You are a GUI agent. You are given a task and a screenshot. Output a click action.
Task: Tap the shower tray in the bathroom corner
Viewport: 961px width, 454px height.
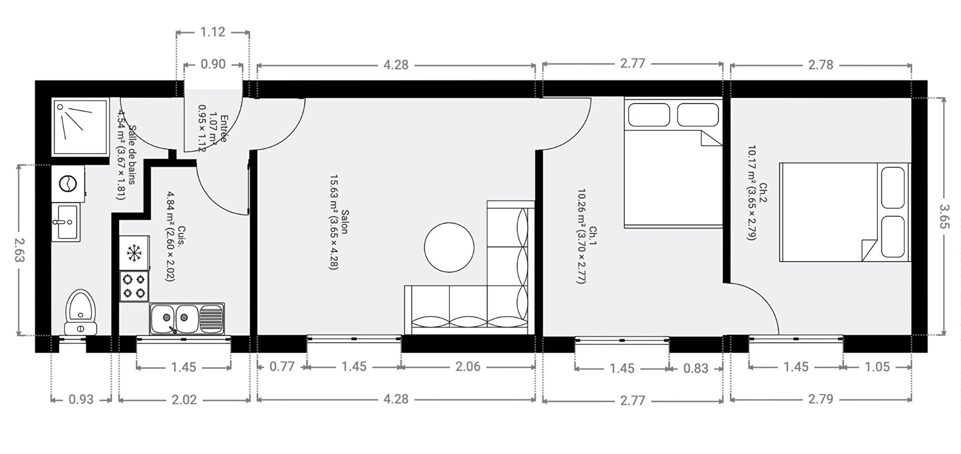81,127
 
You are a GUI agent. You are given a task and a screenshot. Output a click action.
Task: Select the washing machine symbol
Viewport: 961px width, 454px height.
68,184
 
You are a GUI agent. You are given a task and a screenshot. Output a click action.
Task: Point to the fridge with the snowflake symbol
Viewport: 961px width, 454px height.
134,253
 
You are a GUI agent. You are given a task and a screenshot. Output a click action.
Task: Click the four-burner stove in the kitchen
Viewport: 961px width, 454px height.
134,286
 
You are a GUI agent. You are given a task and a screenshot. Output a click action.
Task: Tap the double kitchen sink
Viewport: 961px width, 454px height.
187,318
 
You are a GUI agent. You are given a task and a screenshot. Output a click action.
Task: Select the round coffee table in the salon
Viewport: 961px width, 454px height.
449,247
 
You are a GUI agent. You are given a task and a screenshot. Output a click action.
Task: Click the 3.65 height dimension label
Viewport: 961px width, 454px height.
944,216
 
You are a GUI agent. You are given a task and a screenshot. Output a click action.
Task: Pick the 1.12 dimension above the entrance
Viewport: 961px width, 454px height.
213,32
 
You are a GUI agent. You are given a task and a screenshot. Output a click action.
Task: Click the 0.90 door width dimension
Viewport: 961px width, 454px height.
213,64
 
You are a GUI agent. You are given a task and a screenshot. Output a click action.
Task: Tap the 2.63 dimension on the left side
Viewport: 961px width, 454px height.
19,250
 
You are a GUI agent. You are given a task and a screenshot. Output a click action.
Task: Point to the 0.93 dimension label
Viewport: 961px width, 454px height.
81,399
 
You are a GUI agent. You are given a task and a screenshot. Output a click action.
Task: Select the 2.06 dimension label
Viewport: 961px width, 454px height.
468,367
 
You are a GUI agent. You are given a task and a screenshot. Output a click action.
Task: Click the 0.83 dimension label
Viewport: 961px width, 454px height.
696,368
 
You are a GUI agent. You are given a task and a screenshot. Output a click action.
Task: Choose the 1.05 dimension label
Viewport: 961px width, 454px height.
877,367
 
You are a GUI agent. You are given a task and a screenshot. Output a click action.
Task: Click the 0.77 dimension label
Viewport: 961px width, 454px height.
282,367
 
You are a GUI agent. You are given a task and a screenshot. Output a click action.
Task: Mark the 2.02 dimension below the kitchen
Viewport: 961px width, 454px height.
184,399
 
